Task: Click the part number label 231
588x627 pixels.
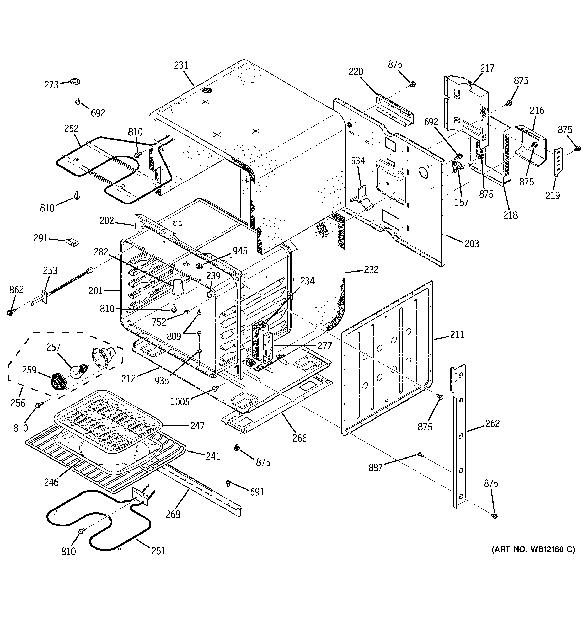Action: pos(181,65)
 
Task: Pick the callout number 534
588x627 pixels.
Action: pos(358,161)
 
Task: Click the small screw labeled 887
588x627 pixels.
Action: pos(419,454)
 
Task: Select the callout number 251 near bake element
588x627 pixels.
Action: pos(158,551)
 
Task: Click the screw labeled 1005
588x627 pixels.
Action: pos(215,389)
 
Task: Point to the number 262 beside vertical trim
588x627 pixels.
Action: pos(492,423)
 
